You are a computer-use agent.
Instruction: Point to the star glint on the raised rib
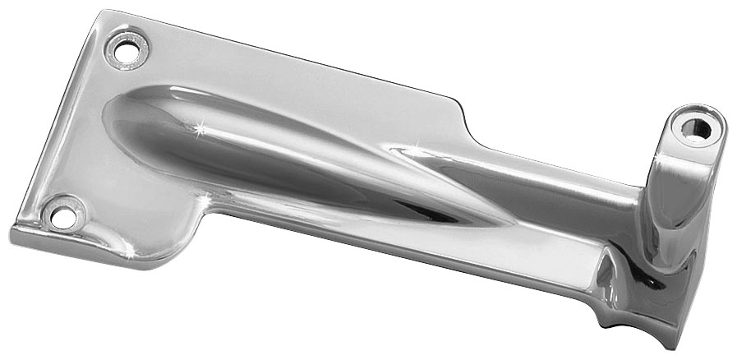[x=199, y=131]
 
